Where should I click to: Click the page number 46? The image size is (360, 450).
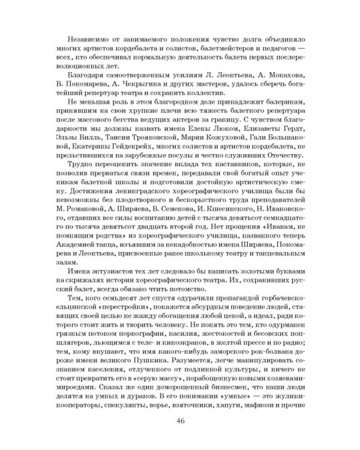click(x=179, y=419)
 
